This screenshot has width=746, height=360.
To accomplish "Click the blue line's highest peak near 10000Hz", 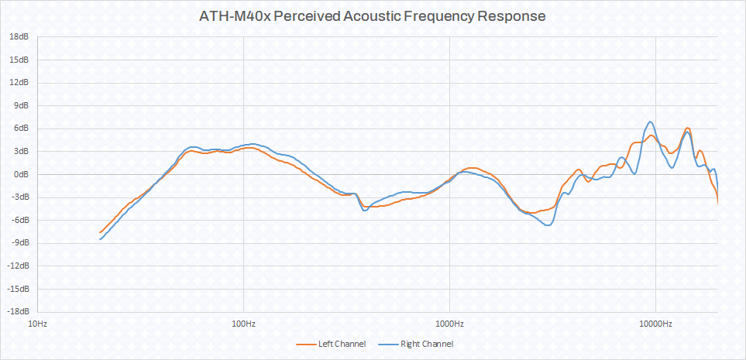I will coord(651,122).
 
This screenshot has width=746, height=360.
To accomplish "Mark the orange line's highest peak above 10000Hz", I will coord(687,128).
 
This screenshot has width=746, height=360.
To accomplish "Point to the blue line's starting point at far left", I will coord(100,240).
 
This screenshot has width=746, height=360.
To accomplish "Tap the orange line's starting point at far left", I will coord(100,232).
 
